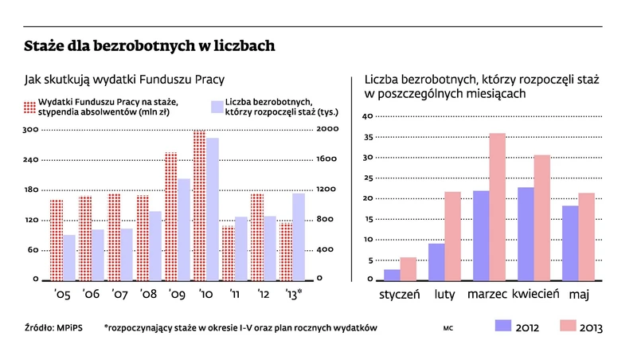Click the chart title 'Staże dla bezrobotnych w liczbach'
150,46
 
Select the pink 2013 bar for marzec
498,206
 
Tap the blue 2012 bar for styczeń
392,275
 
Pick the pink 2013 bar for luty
452,236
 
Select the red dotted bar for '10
199,205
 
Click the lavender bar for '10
213,209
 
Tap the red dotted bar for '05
56,240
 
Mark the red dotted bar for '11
228,253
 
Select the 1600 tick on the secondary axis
327,159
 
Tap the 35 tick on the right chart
368,137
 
